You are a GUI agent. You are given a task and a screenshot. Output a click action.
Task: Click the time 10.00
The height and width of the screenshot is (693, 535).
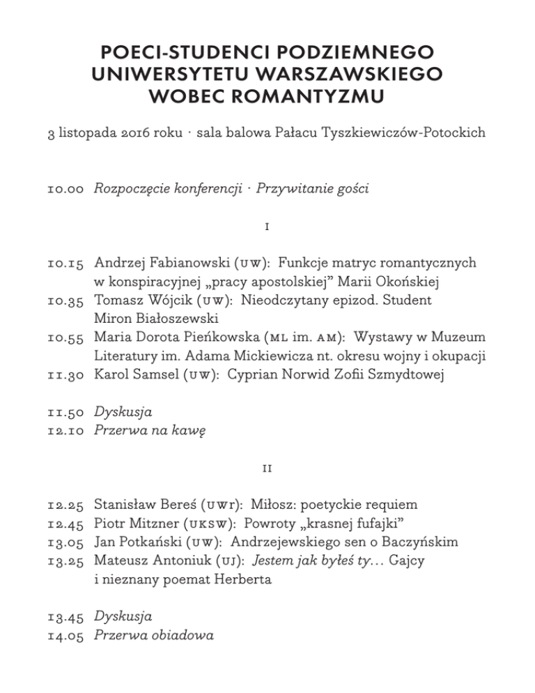66,189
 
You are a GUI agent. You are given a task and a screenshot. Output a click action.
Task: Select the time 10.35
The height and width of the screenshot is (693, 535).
66,300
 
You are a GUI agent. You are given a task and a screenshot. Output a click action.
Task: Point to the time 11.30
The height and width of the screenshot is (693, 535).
66,374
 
